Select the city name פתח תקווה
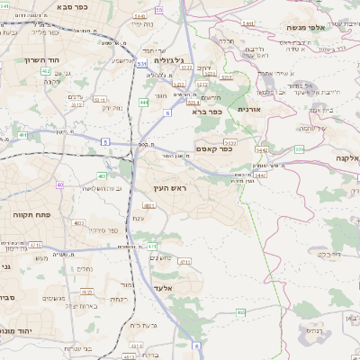[x=31, y=215]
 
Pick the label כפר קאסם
[x=213, y=148]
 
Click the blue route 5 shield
[x=105, y=142]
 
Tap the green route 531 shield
[x=140, y=64]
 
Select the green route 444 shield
[x=144, y=103]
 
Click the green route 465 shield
[x=241, y=312]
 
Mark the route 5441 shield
[x=247, y=22]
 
